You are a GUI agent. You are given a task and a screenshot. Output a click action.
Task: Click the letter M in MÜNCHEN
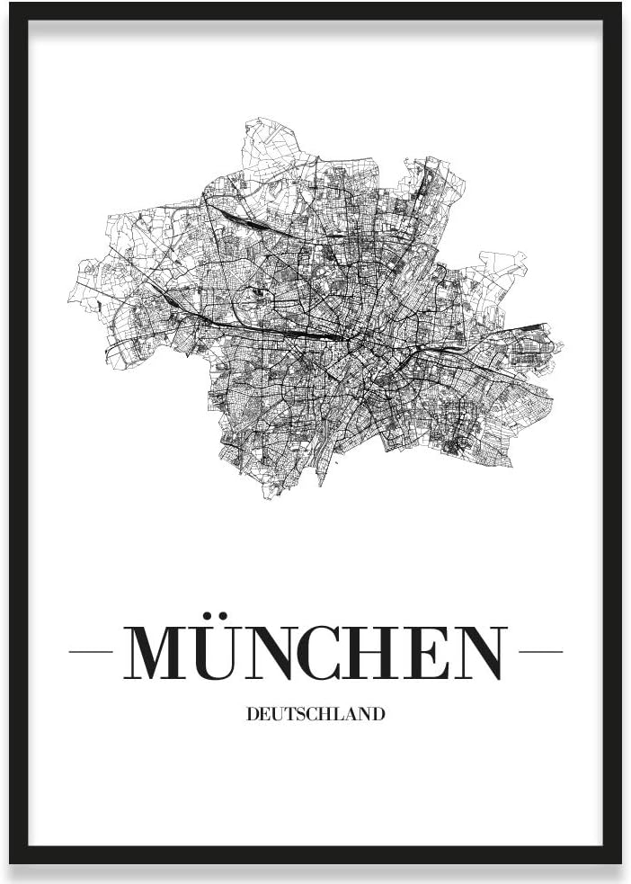(161, 652)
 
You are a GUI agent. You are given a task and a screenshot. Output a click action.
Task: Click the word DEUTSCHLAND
(315, 715)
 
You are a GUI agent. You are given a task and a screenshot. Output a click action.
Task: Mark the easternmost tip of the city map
(564, 344)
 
